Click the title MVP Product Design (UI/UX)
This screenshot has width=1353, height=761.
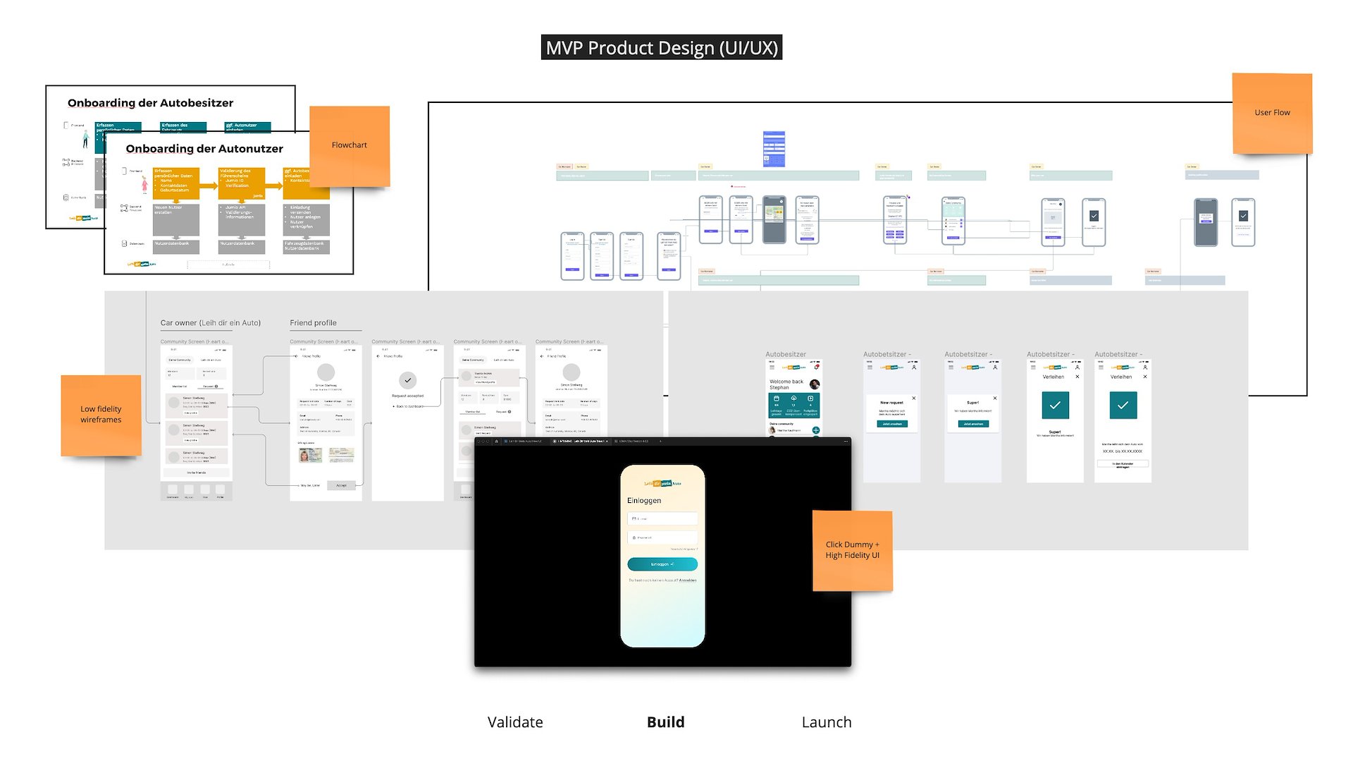(661, 47)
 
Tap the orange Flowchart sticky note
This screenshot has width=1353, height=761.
(350, 145)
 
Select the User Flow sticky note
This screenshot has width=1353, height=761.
(1272, 113)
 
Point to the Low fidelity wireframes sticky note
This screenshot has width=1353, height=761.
(101, 415)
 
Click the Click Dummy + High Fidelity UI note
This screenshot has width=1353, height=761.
(852, 550)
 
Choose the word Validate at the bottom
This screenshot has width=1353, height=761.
(515, 722)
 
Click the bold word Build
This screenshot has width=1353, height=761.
(665, 722)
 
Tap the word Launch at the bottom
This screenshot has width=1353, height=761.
(827, 722)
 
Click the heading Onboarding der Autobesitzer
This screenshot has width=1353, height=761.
(150, 103)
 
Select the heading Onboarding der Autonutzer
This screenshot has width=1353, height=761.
(204, 149)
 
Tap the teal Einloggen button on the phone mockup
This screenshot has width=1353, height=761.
(662, 564)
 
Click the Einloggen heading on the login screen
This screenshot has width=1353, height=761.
(644, 501)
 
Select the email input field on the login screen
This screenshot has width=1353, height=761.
(662, 519)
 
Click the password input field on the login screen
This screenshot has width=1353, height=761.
(662, 537)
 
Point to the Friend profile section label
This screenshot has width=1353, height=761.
(313, 323)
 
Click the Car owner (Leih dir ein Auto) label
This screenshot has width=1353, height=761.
(210, 323)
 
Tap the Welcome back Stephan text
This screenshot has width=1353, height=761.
(786, 384)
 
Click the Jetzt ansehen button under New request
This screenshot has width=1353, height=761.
(891, 424)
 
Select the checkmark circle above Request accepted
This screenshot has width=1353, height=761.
(407, 380)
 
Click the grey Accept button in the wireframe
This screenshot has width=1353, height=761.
(341, 485)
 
